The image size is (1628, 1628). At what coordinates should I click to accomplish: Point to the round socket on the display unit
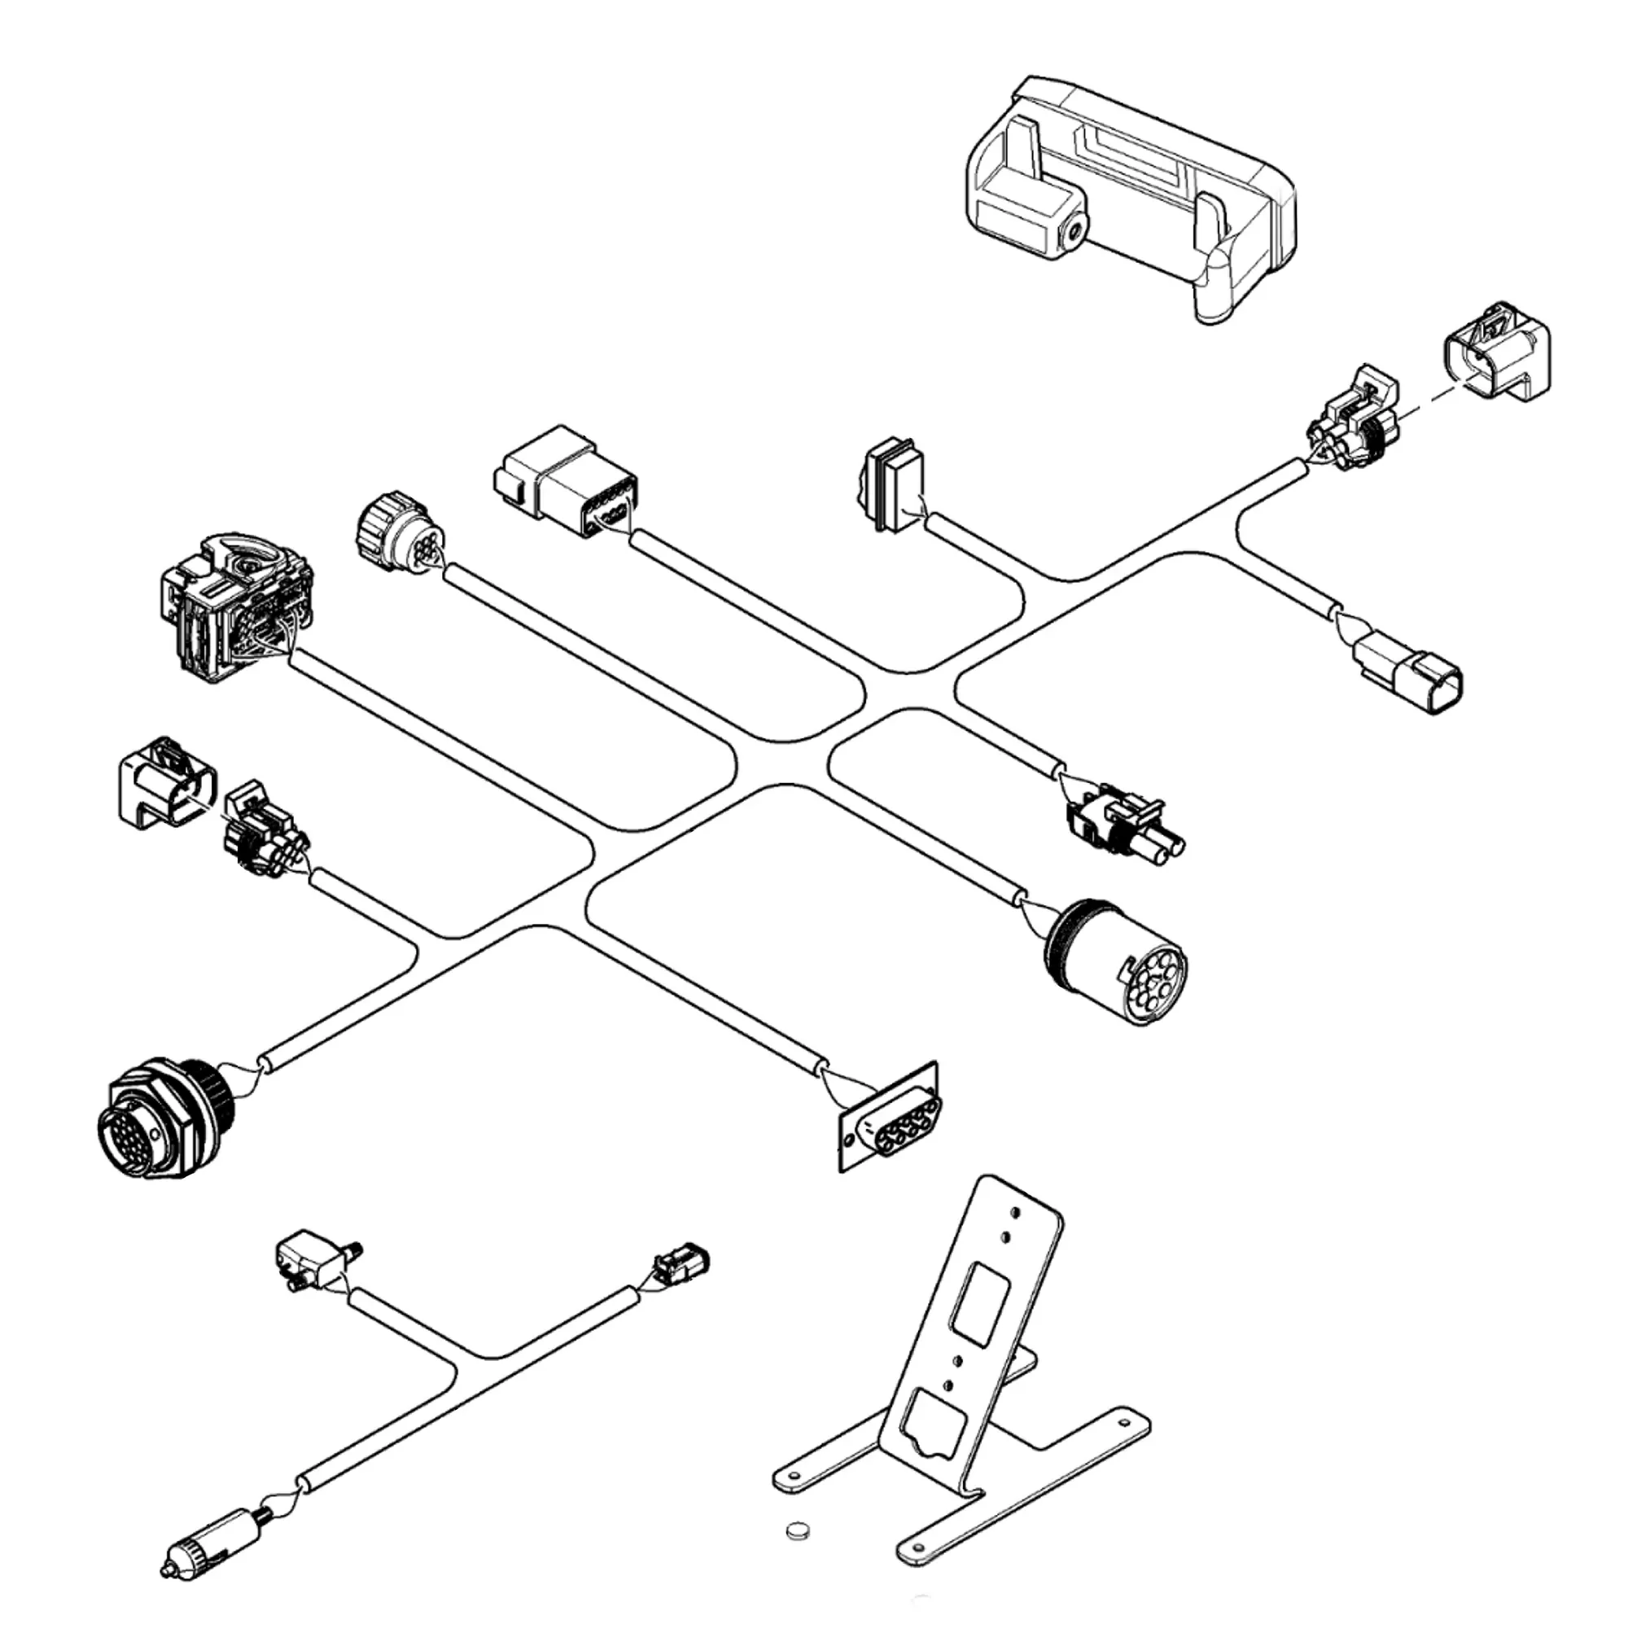pyautogui.click(x=1074, y=228)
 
